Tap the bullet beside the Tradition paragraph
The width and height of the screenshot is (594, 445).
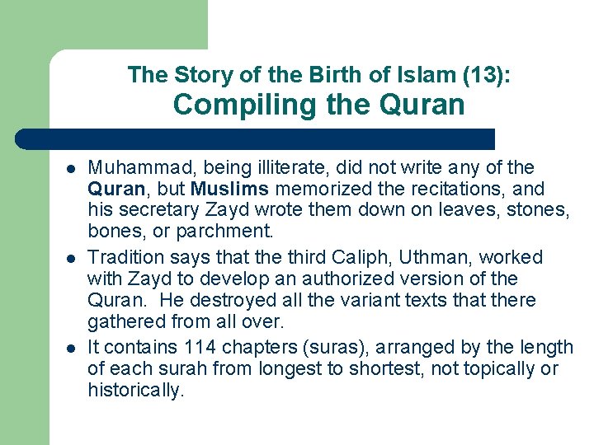(x=72, y=259)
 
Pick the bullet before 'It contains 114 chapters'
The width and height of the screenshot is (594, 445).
(x=72, y=348)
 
